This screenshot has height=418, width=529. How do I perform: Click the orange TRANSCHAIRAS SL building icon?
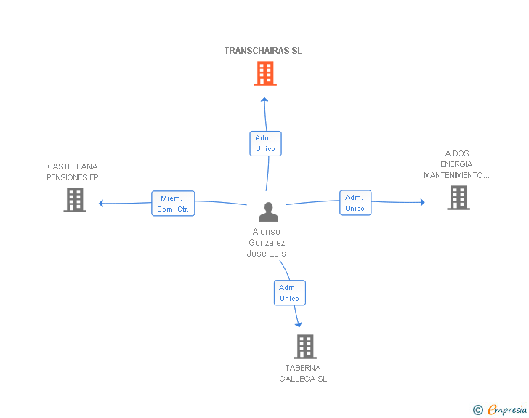pos(265,73)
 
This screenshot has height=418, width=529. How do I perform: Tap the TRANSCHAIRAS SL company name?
pos(263,51)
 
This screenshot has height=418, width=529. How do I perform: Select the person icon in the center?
pos(269,212)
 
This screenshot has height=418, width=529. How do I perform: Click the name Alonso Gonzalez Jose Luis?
pos(267,242)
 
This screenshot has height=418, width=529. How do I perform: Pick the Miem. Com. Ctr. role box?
pos(173,204)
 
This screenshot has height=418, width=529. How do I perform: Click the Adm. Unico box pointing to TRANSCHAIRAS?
pos(265,143)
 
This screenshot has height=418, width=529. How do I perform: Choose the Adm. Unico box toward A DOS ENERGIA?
pos(355,203)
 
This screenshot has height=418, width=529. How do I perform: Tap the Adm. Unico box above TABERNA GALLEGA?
pos(290,293)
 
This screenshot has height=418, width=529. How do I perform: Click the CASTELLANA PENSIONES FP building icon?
pos(75,200)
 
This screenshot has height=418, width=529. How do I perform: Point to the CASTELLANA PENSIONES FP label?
pos(73,172)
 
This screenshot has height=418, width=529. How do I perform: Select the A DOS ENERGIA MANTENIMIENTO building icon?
pos(459,198)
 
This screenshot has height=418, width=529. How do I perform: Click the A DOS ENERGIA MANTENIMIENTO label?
pos(456,164)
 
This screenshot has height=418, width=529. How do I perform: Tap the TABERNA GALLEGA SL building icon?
pos(305,347)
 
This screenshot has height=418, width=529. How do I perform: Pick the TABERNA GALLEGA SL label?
pos(303,373)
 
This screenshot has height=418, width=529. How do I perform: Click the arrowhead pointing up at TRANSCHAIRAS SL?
pos(264,100)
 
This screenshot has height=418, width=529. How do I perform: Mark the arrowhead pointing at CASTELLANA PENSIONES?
pos(100,204)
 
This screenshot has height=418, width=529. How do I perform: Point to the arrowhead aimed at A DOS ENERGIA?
pos(422,202)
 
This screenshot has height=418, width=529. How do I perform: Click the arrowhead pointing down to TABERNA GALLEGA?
pos(299,325)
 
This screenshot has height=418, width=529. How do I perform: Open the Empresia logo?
pos(507,409)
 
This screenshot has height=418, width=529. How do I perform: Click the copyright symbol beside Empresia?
pos(478,410)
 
